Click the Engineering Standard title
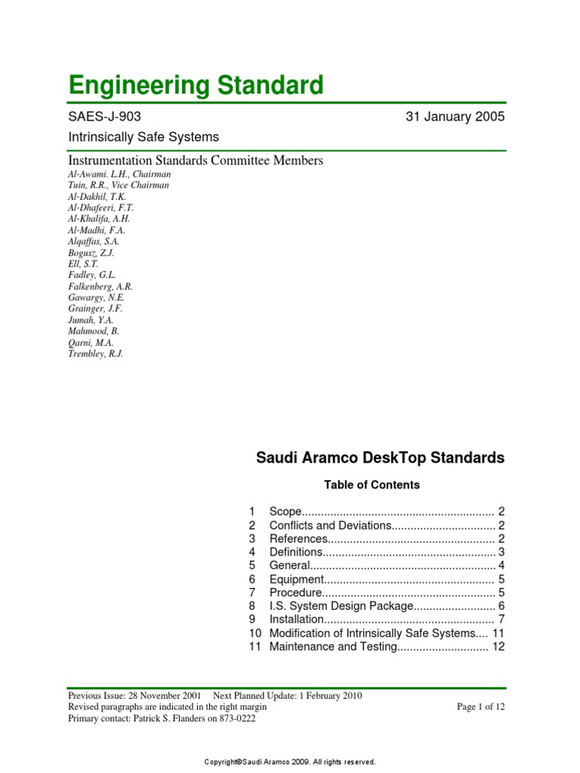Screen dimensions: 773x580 click(196, 85)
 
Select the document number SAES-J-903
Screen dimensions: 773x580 click(104, 117)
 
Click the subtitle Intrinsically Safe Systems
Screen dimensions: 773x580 click(143, 137)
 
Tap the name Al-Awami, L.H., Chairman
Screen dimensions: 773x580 click(119, 174)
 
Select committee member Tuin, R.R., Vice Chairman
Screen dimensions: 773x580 click(119, 185)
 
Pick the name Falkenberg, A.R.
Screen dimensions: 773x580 click(100, 286)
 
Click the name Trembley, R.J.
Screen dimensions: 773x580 click(95, 353)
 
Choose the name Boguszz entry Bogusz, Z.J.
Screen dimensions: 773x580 click(91, 252)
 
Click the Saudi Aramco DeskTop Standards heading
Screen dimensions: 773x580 click(381, 458)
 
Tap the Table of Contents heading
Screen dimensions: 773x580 click(372, 485)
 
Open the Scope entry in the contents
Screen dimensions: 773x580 click(285, 511)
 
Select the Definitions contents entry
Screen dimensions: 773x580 click(296, 552)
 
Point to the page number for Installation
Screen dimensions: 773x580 click(501, 620)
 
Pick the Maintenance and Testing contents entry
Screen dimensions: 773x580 click(333, 647)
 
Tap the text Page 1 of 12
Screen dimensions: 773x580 click(480, 707)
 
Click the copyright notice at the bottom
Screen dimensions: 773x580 click(290, 762)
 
